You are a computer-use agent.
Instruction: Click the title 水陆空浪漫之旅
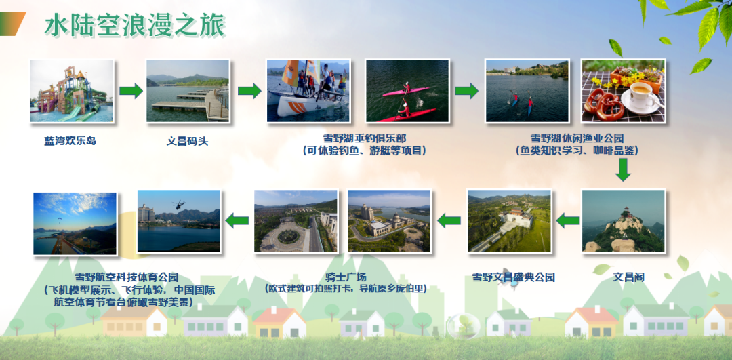coord(135,25)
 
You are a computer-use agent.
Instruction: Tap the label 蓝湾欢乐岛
coord(70,140)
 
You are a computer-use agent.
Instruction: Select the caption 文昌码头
coord(187,140)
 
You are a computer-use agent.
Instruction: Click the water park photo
coord(71,91)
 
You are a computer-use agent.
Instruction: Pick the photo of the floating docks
coord(188,91)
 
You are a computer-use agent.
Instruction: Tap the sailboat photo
coord(308,91)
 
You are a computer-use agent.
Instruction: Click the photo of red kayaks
coord(407,91)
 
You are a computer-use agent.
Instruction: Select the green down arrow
coord(623,169)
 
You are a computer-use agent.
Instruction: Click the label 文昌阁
coord(628,277)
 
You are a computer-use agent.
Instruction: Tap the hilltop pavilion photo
coord(624,221)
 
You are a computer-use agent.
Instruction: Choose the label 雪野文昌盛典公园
coord(513,277)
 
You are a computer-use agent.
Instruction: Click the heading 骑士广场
coord(346,277)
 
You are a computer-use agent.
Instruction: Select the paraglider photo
coord(75,224)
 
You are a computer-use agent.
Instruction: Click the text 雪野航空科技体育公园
coord(127,277)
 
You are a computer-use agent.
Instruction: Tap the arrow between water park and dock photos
coord(131,91)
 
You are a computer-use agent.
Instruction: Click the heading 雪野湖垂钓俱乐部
coord(365,138)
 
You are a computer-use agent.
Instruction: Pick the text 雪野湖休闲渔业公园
coord(577,138)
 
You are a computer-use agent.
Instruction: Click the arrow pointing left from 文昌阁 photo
coord(568,220)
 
